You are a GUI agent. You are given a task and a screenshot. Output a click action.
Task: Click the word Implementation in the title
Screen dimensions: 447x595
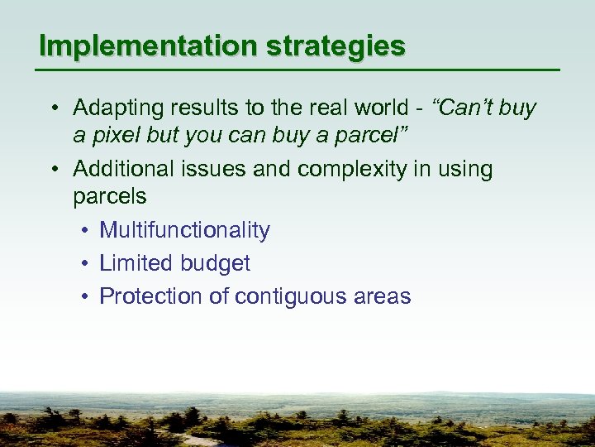click(x=148, y=46)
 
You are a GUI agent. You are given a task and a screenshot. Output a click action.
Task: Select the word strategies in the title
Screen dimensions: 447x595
click(x=336, y=46)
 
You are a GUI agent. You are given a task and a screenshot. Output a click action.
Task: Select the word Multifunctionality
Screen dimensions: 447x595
click(x=184, y=230)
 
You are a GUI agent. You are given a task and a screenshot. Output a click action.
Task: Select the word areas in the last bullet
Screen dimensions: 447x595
click(x=382, y=296)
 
